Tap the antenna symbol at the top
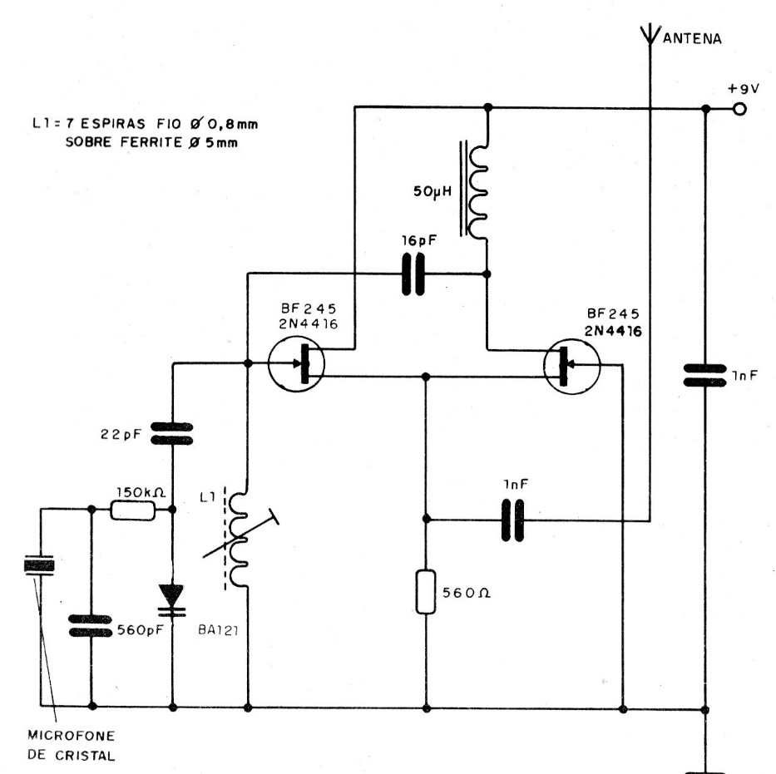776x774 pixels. tap(649, 35)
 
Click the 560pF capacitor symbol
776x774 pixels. tap(88, 624)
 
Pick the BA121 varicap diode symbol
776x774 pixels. tap(172, 599)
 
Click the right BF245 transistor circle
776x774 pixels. tap(570, 365)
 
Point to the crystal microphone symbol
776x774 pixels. tap(38, 566)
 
